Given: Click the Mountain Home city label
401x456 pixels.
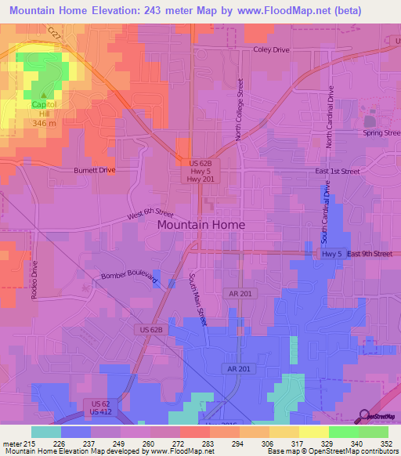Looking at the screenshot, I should click(200, 224).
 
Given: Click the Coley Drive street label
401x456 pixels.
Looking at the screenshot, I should click(271, 49).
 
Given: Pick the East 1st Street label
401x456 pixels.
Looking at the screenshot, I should click(339, 171).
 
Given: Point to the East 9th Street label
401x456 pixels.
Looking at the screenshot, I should click(370, 254).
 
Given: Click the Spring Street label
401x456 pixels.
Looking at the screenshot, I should click(381, 132).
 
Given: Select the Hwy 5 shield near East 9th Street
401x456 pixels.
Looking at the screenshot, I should click(332, 254).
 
